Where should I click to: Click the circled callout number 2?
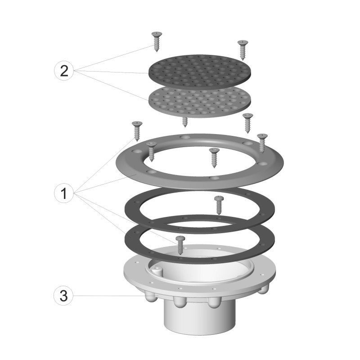(x=64, y=71)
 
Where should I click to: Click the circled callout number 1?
(x=64, y=193)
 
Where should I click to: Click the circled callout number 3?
(x=63, y=296)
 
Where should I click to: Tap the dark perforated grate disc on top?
(x=200, y=71)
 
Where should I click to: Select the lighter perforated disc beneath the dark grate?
(x=200, y=102)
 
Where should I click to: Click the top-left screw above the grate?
(x=157, y=42)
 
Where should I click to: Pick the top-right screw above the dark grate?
(x=243, y=50)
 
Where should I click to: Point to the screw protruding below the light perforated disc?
(x=184, y=122)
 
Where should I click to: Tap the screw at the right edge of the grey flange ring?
(x=262, y=143)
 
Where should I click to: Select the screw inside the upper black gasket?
(x=217, y=206)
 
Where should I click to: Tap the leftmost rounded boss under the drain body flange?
(x=151, y=298)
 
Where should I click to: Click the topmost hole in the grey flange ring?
(x=185, y=137)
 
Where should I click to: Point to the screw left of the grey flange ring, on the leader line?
(x=137, y=131)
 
